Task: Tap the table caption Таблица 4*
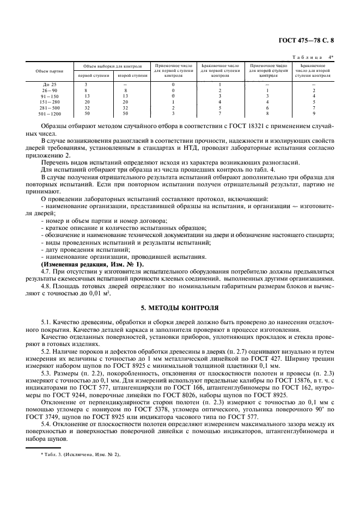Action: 316,57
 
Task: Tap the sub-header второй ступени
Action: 133,75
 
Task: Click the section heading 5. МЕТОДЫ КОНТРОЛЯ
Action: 180,306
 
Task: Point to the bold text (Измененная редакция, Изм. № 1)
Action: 92,264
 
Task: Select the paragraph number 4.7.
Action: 46,271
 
